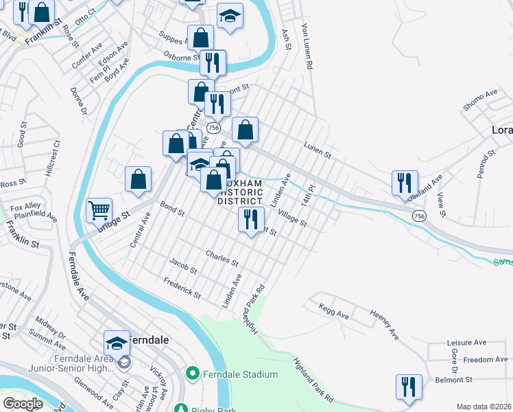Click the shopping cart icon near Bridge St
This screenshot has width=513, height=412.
[99, 210]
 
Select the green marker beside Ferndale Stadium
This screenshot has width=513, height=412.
[193, 374]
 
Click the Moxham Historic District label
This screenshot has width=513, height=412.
[240, 193]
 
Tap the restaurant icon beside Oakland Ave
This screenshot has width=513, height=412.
[405, 182]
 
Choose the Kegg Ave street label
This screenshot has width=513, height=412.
[334, 312]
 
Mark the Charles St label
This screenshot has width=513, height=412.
[222, 258]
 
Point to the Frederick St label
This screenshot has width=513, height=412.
[182, 288]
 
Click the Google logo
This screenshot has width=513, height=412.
[23, 404]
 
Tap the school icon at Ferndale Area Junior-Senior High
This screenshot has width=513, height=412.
[117, 342]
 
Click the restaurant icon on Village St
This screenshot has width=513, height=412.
[250, 219]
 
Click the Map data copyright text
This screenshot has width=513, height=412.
[484, 407]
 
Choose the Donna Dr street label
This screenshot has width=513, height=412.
[78, 100]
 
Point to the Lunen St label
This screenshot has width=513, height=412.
[318, 148]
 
